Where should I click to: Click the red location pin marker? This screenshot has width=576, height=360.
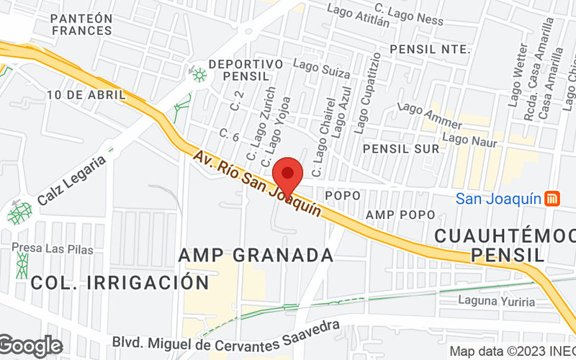[288, 174]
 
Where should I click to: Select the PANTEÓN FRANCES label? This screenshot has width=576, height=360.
[82, 24]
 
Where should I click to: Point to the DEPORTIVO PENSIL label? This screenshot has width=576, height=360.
[246, 69]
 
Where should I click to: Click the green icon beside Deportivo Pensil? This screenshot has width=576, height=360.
[198, 74]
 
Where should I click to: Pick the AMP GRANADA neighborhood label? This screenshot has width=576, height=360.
[256, 255]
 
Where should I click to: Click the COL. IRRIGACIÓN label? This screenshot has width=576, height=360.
[120, 283]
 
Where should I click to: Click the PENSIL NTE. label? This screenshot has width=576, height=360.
[429, 49]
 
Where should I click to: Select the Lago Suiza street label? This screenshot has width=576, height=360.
[328, 73]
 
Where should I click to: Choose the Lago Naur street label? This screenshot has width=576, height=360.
[470, 140]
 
